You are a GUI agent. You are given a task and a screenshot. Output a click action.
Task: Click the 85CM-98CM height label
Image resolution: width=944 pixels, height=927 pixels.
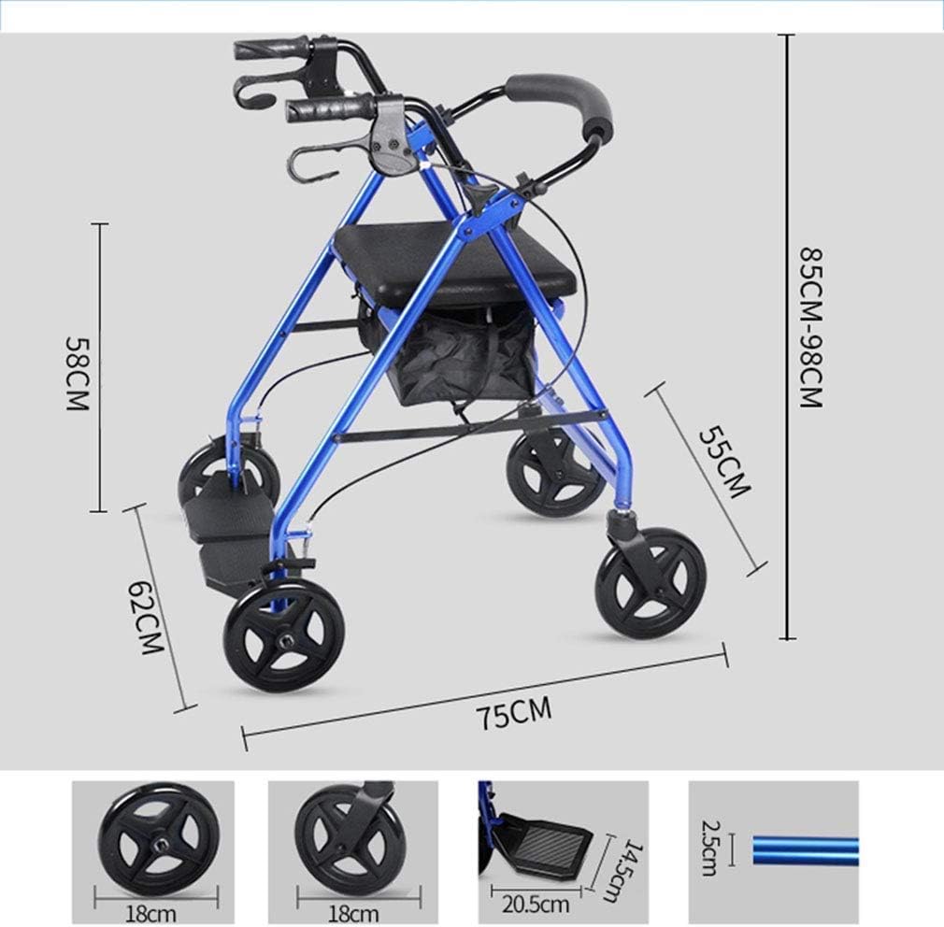(811, 327)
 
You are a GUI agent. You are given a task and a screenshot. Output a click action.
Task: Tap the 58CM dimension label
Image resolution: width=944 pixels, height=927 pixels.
(78, 373)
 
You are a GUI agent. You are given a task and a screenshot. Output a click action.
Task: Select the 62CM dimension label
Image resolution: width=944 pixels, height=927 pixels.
(147, 618)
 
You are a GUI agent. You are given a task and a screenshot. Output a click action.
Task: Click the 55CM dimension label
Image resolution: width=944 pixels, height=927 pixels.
(724, 463)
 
